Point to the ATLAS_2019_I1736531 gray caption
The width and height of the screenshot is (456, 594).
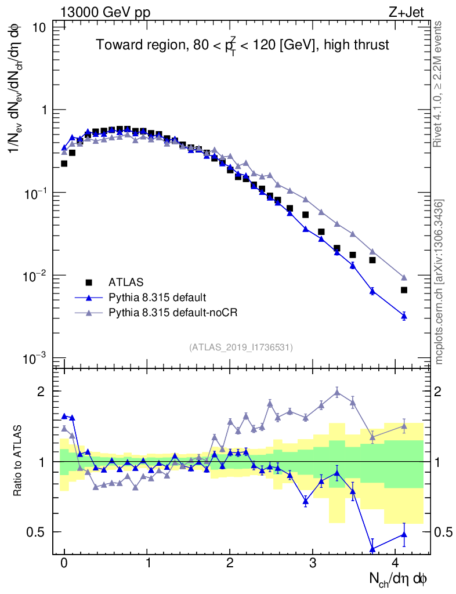pos(241,347)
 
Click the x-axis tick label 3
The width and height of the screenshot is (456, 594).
pos(313,563)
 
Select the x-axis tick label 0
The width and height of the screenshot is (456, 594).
pos(64,563)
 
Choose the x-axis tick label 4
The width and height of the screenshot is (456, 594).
pos(396,563)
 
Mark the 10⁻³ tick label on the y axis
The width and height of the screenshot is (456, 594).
pos(36,358)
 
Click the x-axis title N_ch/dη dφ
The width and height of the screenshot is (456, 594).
pos(400,579)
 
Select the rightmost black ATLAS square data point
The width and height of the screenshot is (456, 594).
pos(404,290)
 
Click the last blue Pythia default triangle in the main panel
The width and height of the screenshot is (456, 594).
pos(404,316)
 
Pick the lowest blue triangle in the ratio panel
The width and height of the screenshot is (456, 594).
pos(372,549)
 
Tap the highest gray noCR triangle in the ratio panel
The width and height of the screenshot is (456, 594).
pos(337,393)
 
